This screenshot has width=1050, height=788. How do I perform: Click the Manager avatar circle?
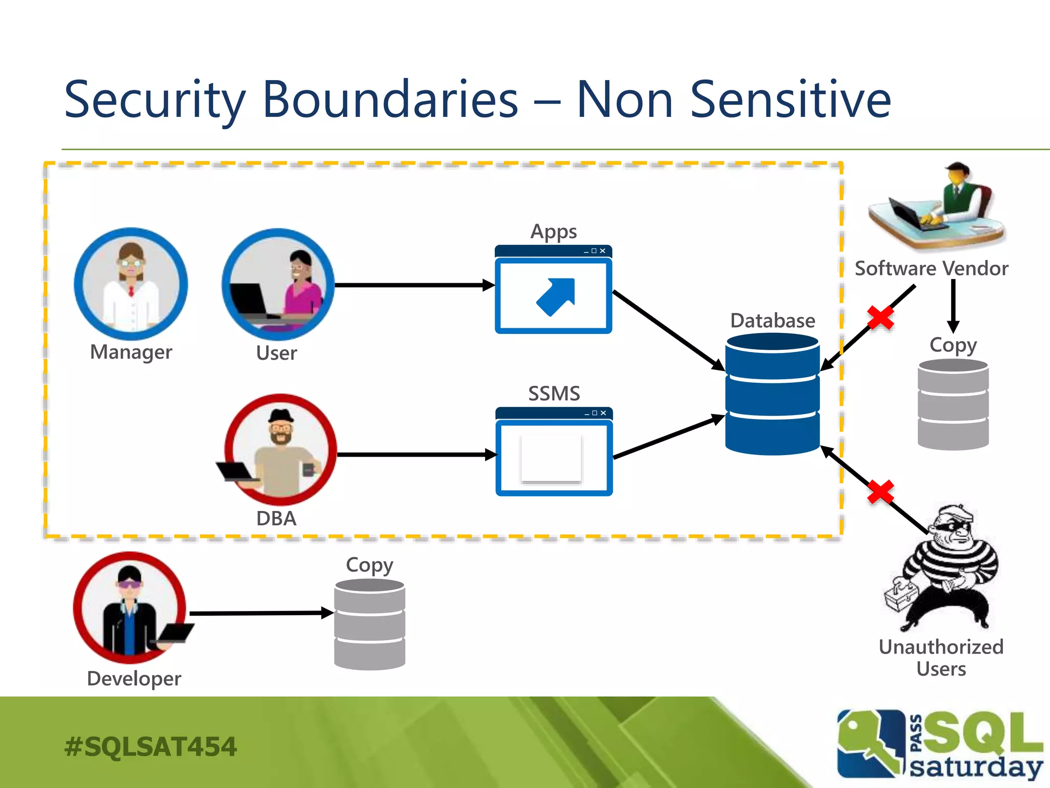(131, 284)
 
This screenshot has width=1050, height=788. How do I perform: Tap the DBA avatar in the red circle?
(280, 450)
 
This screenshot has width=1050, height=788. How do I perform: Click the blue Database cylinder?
(772, 393)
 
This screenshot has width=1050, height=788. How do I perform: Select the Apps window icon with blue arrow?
(553, 290)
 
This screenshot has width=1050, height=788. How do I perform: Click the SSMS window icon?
(554, 452)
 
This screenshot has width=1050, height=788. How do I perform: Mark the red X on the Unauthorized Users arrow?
(880, 492)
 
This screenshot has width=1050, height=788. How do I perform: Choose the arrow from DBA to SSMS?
(415, 455)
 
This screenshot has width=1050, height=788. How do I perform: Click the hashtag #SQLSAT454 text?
(150, 746)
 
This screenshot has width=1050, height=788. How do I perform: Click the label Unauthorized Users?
(941, 658)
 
